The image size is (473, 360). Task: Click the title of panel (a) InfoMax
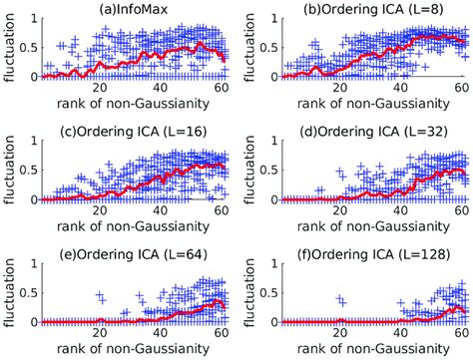pos(135,9)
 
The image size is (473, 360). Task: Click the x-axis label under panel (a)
pos(136,103)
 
